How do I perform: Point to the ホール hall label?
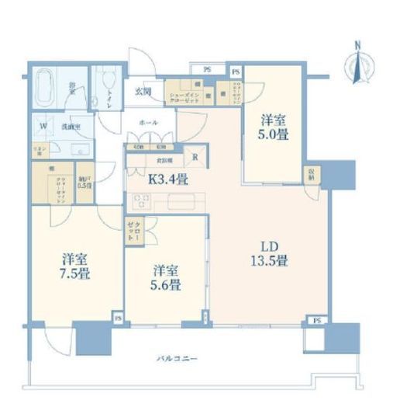148,123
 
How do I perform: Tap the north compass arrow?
358,62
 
